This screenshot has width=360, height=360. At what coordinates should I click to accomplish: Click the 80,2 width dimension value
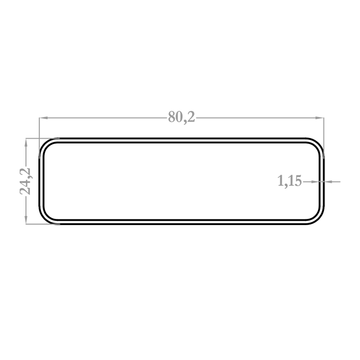tap(181, 117)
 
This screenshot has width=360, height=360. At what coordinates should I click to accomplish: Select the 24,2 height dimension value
tap(25, 181)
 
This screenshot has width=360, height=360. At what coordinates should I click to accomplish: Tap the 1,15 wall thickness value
tap(289, 180)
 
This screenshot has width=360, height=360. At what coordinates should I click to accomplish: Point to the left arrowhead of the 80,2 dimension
tap(43, 118)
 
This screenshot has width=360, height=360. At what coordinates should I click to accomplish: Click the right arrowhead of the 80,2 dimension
tap(320, 118)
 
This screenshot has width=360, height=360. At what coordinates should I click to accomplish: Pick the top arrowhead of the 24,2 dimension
tap(26, 143)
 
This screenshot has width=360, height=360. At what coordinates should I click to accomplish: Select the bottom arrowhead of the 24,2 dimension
tap(26, 220)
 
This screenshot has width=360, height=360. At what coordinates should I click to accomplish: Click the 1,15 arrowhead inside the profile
tap(315, 181)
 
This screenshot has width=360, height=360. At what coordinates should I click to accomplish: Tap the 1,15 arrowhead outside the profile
tap(328, 181)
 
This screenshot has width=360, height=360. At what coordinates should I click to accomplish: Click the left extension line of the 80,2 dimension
tap(39, 138)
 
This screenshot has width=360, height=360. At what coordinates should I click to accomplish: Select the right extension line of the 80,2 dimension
tap(324, 138)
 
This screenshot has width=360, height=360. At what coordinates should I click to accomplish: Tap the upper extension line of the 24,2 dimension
tap(43, 138)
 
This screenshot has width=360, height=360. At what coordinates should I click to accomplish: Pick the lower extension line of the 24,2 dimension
tap(43, 224)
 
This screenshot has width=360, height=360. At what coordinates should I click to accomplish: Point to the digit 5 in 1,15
tap(298, 180)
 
